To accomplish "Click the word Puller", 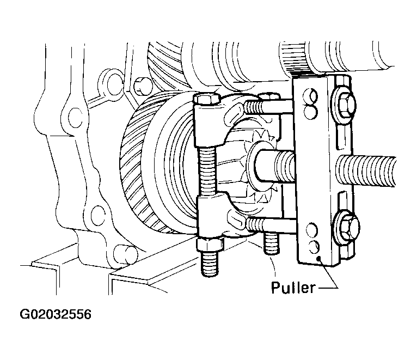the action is (x=293, y=288).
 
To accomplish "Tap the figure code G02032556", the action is (x=56, y=314).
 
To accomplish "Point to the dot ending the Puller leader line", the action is (x=319, y=258).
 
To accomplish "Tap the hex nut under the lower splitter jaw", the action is (x=210, y=245).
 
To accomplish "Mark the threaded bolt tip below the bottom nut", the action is (x=210, y=264).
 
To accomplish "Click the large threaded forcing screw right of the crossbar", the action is (x=366, y=170).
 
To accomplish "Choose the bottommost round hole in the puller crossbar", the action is (x=312, y=247).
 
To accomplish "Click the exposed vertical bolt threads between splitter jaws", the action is (x=207, y=172).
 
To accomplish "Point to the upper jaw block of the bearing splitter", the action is (x=210, y=125).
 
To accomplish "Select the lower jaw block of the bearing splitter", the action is (x=213, y=216).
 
